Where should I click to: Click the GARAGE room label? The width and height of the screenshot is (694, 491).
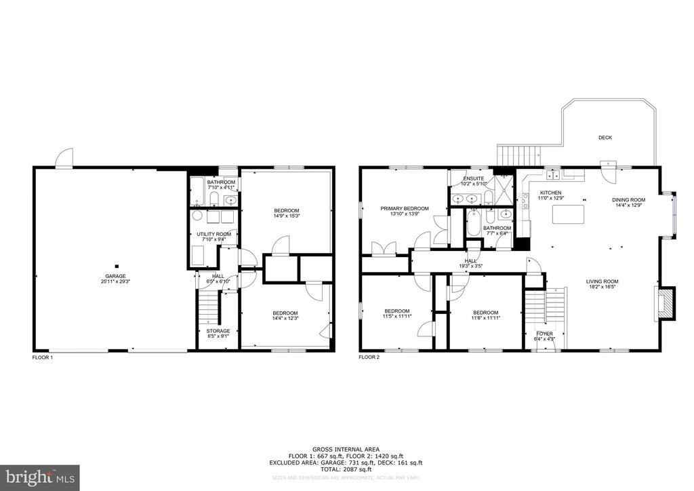pyautogui.click(x=115, y=276)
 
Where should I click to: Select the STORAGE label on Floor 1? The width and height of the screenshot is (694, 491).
pyautogui.click(x=218, y=331)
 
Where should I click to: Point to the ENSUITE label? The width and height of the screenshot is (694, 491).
pyautogui.click(x=473, y=178)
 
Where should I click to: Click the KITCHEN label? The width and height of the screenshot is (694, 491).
pyautogui.click(x=550, y=193)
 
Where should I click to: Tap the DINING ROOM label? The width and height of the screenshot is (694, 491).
pyautogui.click(x=628, y=200)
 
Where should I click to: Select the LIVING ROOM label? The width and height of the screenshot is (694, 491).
pyautogui.click(x=602, y=281)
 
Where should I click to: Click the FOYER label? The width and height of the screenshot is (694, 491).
pyautogui.click(x=544, y=334)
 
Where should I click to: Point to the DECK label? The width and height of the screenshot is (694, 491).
pyautogui.click(x=605, y=138)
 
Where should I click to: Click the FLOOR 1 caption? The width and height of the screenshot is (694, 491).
pyautogui.click(x=42, y=357)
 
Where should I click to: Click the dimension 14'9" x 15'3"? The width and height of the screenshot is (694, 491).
pyautogui.click(x=286, y=216)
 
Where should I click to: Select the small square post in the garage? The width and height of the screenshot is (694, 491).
pyautogui.click(x=117, y=266)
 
